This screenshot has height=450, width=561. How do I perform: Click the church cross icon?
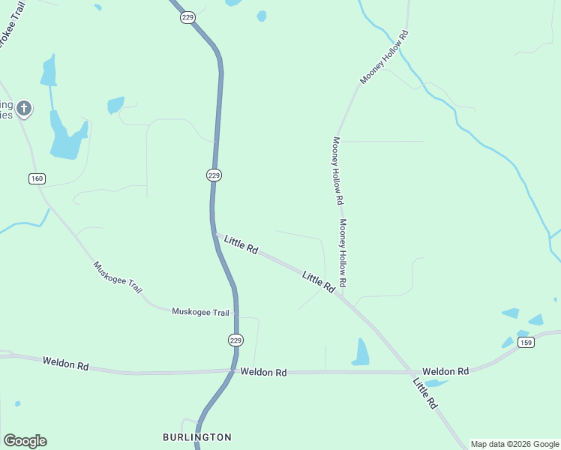coord(24,109)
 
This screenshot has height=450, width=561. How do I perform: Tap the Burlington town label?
coord(197,436)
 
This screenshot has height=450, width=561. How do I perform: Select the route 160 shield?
coord(37,178)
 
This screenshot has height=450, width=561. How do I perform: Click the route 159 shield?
coord(526,343)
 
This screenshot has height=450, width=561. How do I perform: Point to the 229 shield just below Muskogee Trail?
coord(235,340)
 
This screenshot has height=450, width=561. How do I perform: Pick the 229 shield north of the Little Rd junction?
coord(214,175)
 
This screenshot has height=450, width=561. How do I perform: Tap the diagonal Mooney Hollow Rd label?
coord(383,57)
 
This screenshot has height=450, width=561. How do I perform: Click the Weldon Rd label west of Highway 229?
coord(66,364)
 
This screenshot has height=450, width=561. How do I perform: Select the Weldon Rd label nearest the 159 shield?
coord(445,371)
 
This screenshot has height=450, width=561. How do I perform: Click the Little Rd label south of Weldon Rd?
coord(425,393)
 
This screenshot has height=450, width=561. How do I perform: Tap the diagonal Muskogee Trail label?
coord(118,277)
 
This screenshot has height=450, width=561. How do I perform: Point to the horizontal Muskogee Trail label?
coord(200,312)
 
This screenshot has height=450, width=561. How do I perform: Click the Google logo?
coord(25,441)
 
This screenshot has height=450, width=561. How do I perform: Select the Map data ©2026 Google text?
coord(514,444)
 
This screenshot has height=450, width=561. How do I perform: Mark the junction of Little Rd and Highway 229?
coord(215,235)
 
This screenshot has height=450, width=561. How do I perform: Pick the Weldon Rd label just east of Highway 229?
coord(263,372)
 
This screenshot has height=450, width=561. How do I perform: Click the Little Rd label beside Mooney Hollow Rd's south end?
coord(318,282)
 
